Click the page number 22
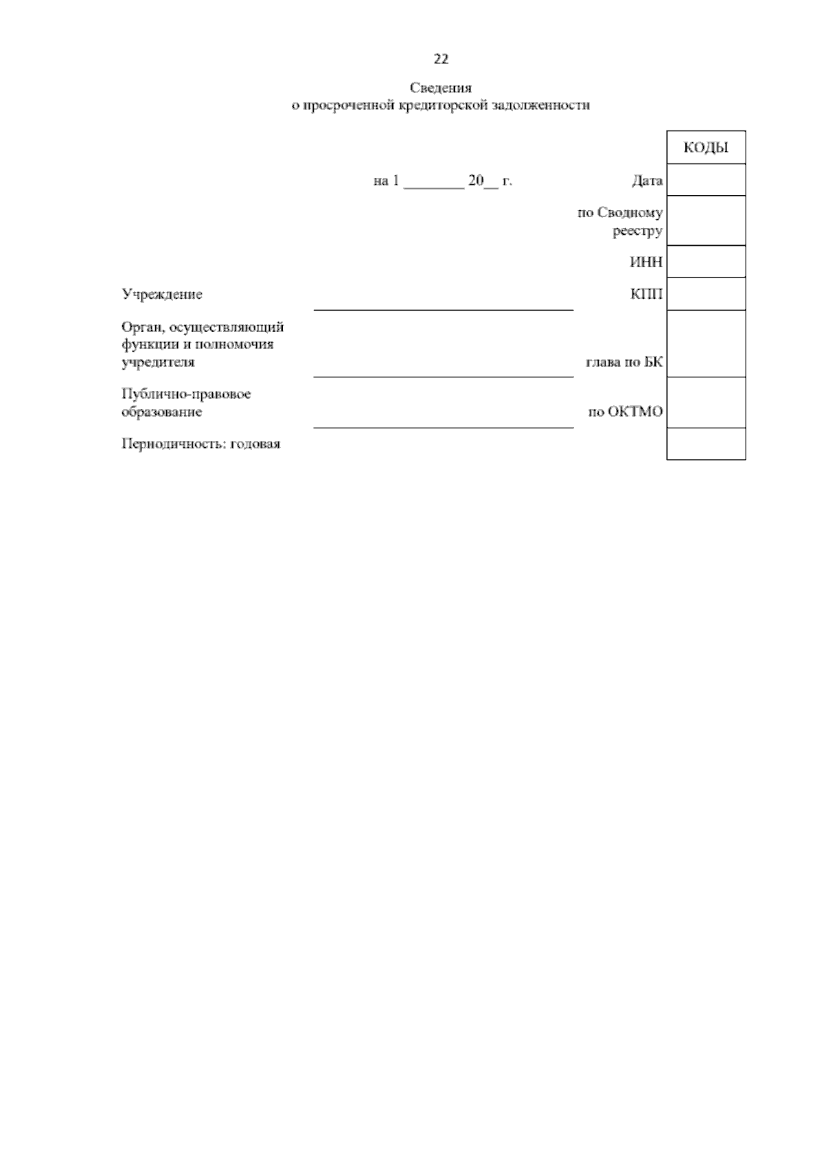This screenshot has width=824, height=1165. [441, 59]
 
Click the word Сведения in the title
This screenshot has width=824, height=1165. [441, 88]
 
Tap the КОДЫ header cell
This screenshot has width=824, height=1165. [706, 148]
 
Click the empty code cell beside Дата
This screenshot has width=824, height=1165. [706, 180]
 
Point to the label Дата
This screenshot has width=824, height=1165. [647, 181]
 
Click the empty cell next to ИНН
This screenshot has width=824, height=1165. [706, 262]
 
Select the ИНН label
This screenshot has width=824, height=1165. [646, 262]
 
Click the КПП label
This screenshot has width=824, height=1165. [646, 295]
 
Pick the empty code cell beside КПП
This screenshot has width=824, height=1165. [706, 294]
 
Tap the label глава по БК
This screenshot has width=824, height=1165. [624, 363]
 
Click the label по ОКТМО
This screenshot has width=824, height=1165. [626, 413]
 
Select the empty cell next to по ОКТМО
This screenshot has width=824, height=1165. [706, 403]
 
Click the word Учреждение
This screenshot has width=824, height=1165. [162, 295]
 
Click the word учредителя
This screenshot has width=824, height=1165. [158, 362]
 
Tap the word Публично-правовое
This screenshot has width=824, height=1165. [186, 395]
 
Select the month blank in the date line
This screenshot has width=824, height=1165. [433, 182]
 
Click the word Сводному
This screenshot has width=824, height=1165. [630, 213]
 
